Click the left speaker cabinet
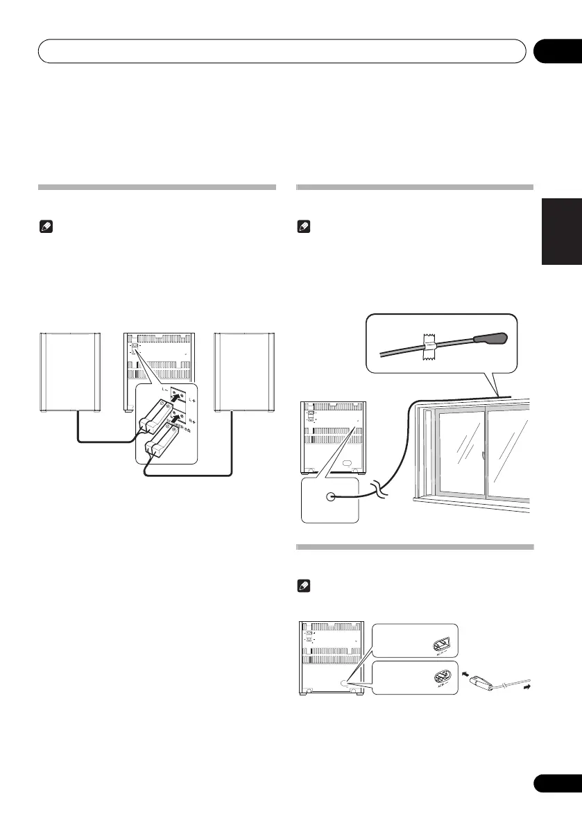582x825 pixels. [70, 374]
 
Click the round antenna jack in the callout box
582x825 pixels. [330, 496]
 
